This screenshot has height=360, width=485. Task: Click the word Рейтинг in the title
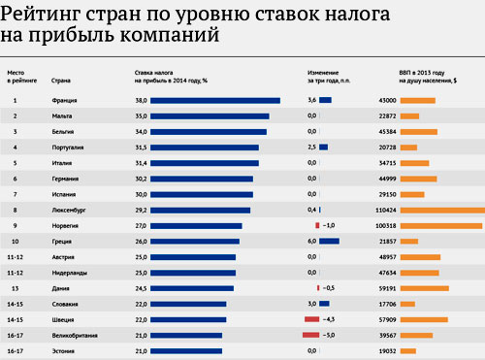[40, 15]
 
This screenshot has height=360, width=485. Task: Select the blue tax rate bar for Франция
[215, 101]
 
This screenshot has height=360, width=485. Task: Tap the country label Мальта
[62, 116]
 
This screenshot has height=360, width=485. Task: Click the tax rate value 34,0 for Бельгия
[141, 132]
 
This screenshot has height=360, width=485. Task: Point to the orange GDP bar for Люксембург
[442, 211]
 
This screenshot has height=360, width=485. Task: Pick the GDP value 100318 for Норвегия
[386, 226]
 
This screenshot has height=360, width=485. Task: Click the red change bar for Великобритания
[310, 335]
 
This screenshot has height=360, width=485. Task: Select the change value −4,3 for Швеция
[329, 319]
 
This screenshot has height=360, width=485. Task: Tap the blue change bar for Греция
[329, 241]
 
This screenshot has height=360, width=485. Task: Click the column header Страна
[61, 81]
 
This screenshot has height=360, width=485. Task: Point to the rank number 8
[15, 211]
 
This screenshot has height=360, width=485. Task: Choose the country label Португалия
[68, 147]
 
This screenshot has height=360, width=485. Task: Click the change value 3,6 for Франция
[311, 100]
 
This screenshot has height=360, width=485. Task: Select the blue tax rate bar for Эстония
[186, 351]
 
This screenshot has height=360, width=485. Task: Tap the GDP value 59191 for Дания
[387, 288]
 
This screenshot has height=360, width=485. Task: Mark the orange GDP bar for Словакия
[407, 304]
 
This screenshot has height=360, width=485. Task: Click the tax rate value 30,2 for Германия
[141, 179]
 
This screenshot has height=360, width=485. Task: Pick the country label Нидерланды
[70, 273]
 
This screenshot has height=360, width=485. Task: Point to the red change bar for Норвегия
[317, 225]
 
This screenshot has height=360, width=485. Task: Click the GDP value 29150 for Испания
[387, 194]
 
